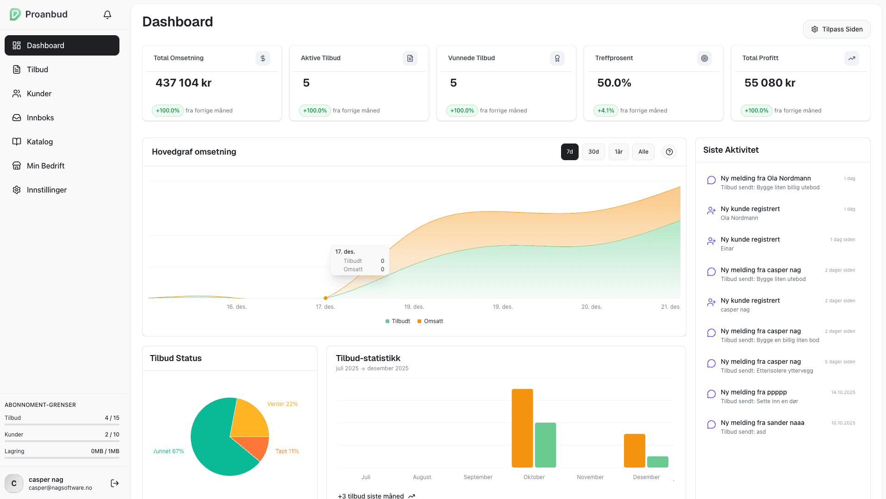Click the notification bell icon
click(107, 15)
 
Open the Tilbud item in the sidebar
click(37, 69)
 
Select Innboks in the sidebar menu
click(40, 118)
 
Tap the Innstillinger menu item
click(46, 190)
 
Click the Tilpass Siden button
click(836, 29)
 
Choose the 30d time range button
click(593, 152)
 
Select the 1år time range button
click(618, 152)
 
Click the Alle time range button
click(643, 152)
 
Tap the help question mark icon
click(669, 152)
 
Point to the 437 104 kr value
click(183, 83)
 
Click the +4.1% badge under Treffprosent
click(605, 111)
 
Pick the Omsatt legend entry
click(430, 321)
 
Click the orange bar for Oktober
click(522, 428)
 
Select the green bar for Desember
click(657, 462)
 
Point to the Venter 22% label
click(282, 404)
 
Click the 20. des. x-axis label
click(592, 307)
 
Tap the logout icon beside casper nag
click(115, 483)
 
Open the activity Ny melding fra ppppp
click(754, 392)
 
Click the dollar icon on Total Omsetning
click(263, 58)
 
